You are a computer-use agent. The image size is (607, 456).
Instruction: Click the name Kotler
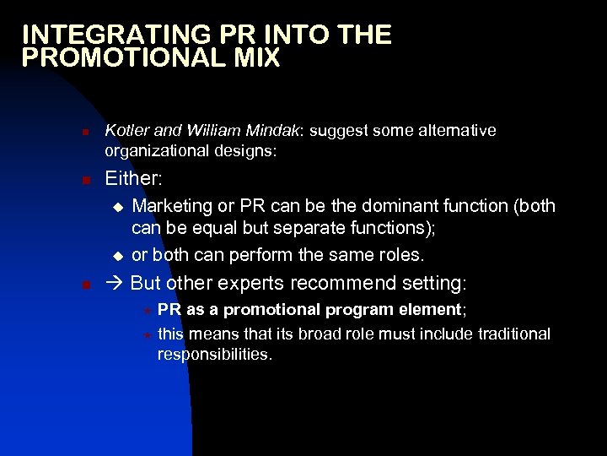click(x=126, y=131)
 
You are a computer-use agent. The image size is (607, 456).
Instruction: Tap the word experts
click(x=243, y=283)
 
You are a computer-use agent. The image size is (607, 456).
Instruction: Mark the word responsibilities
click(x=215, y=355)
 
